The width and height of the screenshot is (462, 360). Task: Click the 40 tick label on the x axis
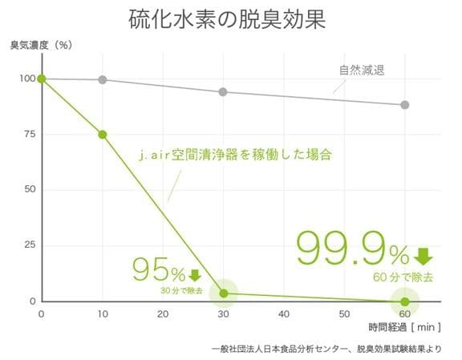(x=283, y=314)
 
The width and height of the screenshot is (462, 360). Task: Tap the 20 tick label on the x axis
(x=163, y=314)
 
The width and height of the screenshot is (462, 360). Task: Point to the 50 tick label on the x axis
(x=343, y=314)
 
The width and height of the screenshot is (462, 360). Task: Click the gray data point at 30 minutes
(x=224, y=92)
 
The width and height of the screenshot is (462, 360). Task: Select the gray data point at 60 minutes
(x=405, y=105)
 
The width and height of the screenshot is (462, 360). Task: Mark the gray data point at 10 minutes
(x=103, y=80)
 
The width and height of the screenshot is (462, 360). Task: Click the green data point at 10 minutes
(x=103, y=135)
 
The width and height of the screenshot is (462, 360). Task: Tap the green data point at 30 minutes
(x=224, y=293)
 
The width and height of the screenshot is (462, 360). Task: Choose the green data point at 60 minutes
(x=405, y=301)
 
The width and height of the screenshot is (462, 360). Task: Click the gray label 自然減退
(x=362, y=71)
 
